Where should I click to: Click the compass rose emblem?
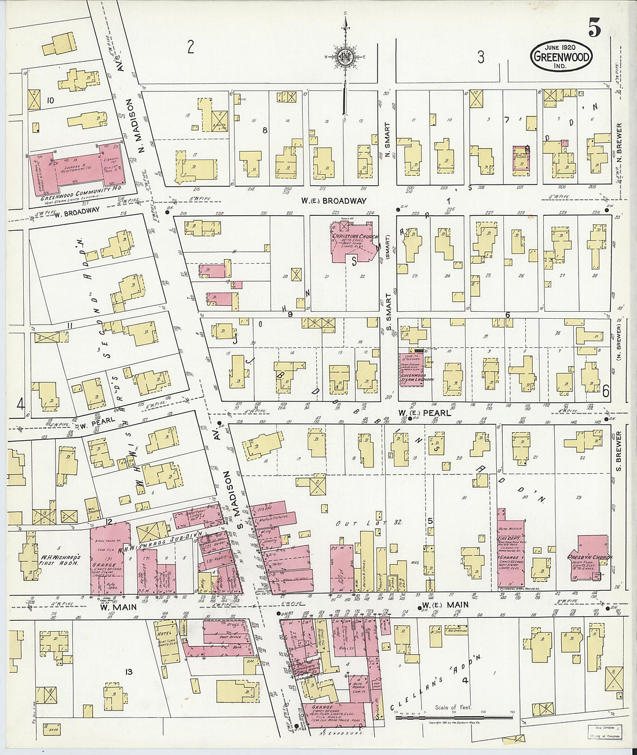pyautogui.click(x=345, y=56)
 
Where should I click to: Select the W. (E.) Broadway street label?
pyautogui.click(x=333, y=201)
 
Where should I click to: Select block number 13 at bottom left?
pyautogui.click(x=129, y=671)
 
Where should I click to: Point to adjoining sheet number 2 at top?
pyautogui.click(x=191, y=47)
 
